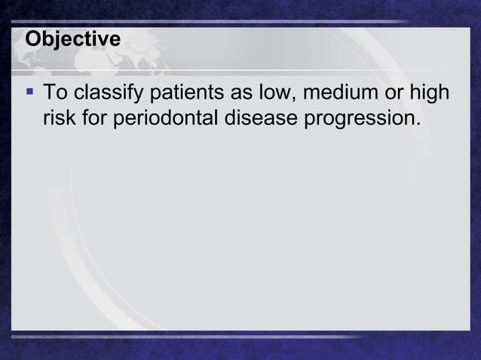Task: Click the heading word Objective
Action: click(72, 39)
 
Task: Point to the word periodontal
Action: click(167, 119)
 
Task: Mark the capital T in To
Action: click(49, 95)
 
